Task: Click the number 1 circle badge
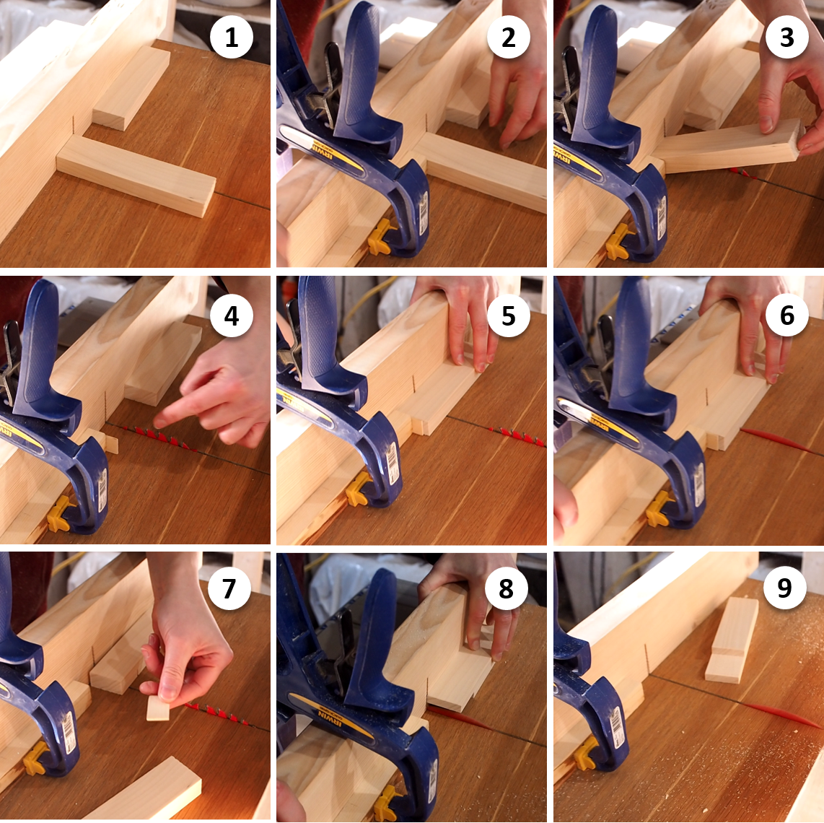point(231,38)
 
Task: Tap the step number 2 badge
point(508,38)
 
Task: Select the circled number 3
point(786,38)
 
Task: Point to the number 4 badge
point(231,315)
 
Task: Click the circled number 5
point(508,315)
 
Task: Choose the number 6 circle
point(786,315)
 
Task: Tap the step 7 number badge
point(229,588)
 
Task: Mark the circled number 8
point(506,588)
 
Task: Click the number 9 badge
point(784,588)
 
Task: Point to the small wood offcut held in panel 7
point(158,707)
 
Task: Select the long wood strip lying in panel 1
point(136,175)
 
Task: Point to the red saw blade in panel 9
point(783,715)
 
